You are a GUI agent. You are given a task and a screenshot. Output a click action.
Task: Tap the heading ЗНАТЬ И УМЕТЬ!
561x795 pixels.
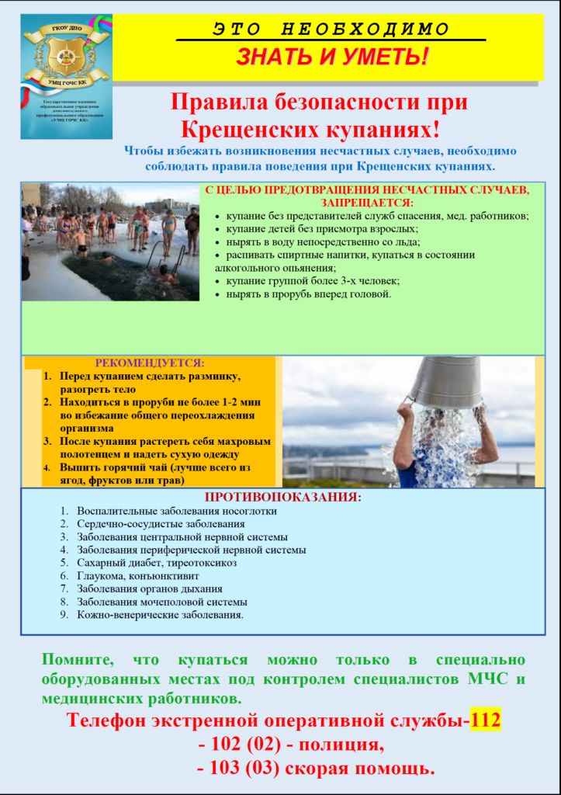click(x=331, y=57)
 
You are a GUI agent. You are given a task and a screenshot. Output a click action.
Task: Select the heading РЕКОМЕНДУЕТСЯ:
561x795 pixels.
click(x=150, y=363)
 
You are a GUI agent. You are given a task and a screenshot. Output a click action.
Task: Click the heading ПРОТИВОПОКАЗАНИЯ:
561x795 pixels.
click(x=283, y=498)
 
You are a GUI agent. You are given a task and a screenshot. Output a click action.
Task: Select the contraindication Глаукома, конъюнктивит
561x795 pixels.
click(x=137, y=576)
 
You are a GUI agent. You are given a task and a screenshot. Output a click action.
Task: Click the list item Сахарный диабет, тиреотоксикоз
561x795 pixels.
click(x=156, y=563)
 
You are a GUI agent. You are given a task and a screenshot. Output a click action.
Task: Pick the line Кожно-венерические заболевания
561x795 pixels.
click(x=160, y=615)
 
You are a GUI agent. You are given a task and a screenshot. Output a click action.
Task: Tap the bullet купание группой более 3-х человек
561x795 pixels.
click(x=312, y=281)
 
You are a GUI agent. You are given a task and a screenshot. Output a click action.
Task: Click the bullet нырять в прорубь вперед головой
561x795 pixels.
click(x=308, y=294)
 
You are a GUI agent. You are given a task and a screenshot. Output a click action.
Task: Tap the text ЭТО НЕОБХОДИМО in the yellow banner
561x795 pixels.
click(x=331, y=30)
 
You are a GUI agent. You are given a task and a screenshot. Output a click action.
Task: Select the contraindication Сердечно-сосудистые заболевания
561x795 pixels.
click(x=161, y=524)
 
